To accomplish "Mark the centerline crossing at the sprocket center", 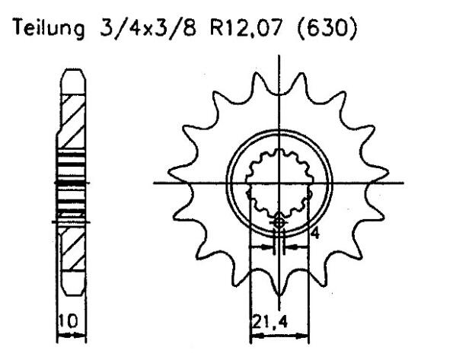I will (279, 183).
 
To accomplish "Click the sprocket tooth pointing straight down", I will (279, 289).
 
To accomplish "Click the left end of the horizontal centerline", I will (155, 183).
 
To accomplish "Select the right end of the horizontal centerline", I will (403, 183).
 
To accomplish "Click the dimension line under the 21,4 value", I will (279, 333).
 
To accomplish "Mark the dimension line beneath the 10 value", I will (71, 333).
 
